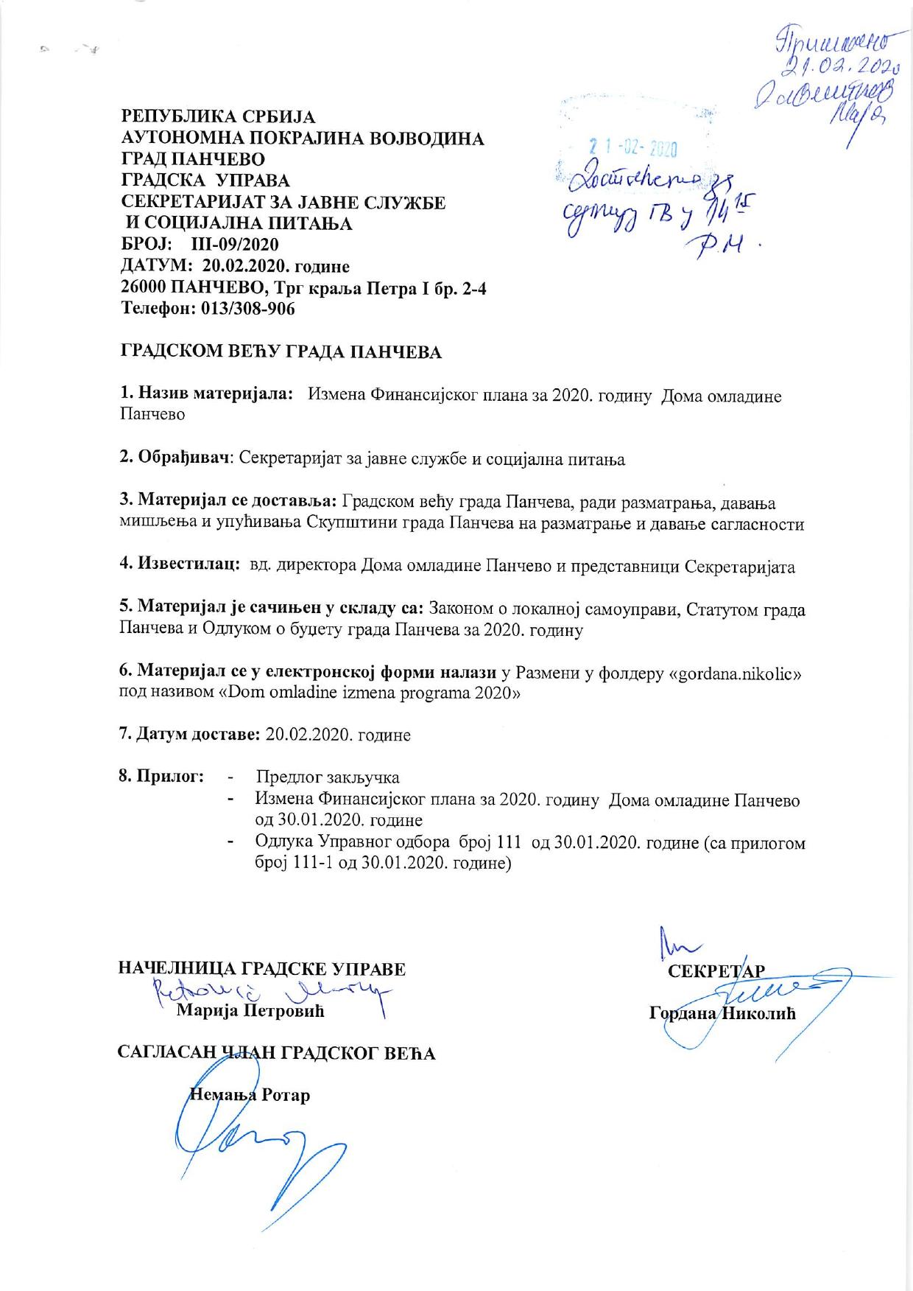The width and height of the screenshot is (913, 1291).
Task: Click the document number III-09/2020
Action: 234,245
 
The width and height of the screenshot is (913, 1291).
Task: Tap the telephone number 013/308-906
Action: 247,309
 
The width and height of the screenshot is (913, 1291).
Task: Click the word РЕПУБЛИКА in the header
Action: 172,117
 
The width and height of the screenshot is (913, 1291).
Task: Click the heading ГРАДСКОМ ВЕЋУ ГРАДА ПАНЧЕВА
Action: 281,351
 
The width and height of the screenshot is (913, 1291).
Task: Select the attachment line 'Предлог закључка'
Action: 328,777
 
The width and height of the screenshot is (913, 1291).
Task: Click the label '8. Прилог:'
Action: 161,777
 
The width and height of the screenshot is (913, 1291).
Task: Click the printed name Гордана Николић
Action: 722,1013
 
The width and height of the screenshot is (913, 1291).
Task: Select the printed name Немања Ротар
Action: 250,1094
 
